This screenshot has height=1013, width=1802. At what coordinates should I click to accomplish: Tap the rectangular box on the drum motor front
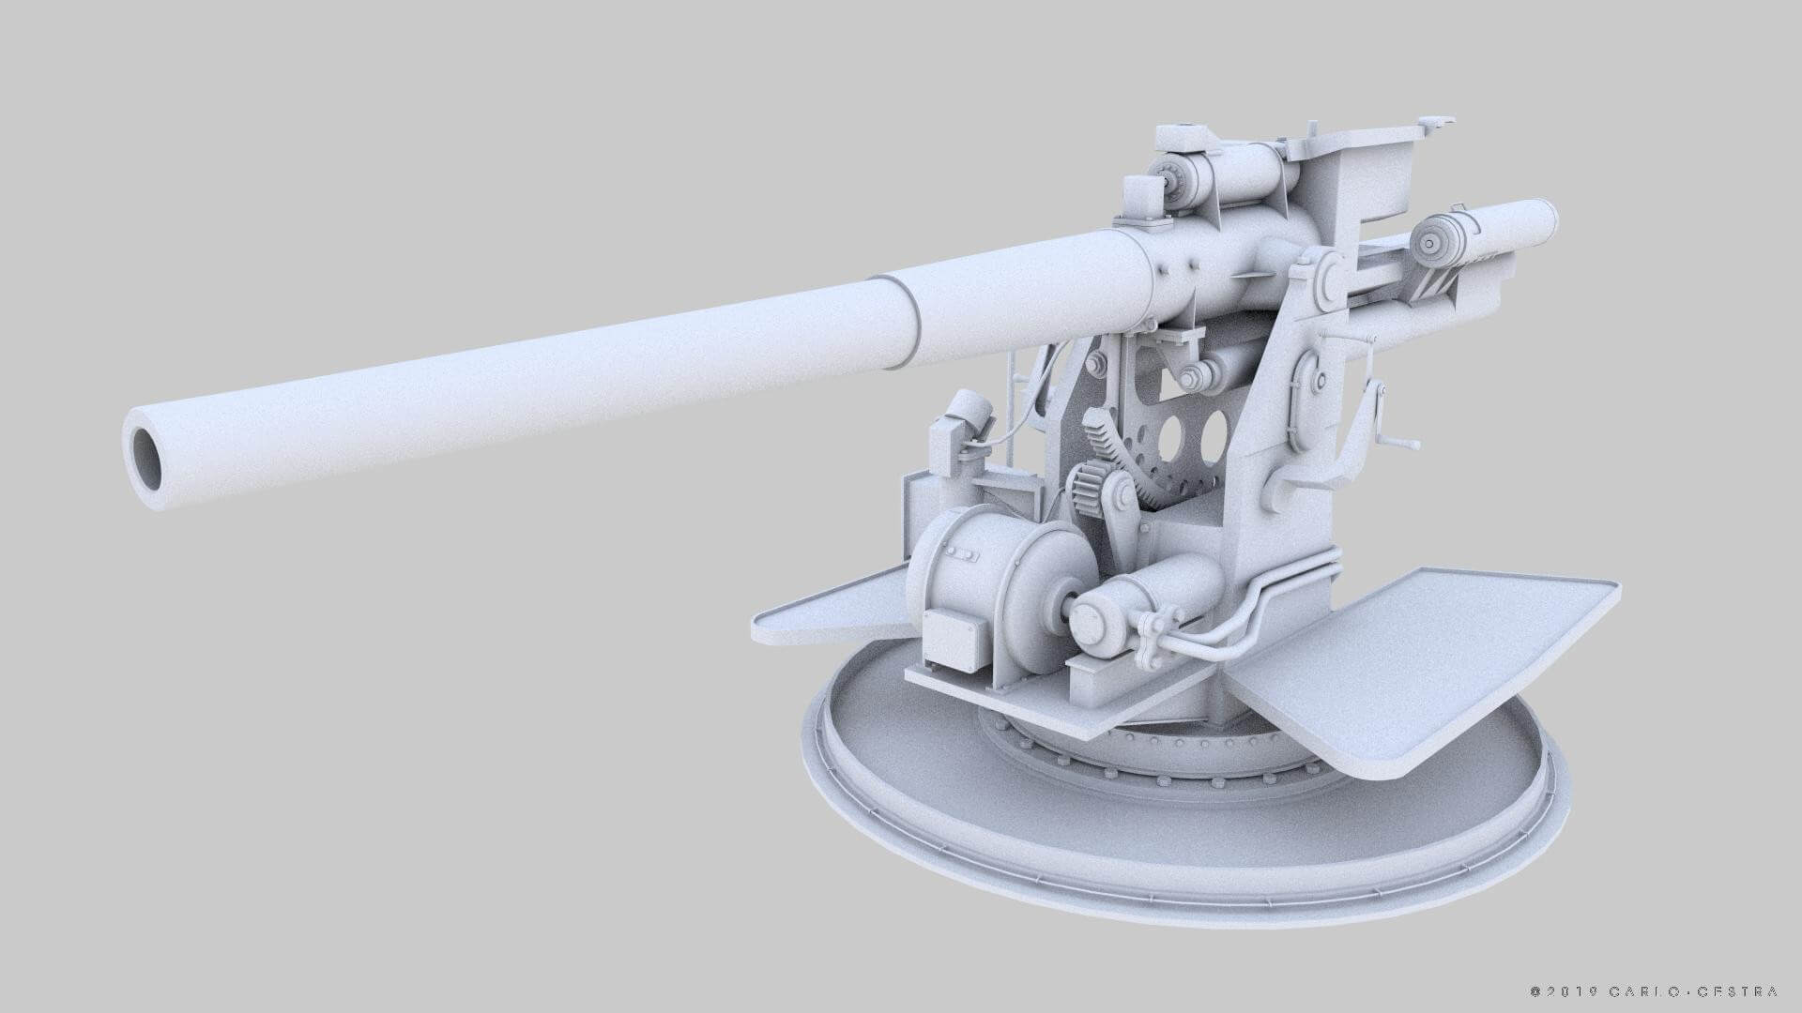coord(954,641)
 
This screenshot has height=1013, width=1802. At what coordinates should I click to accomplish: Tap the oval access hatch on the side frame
coord(1306,403)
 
